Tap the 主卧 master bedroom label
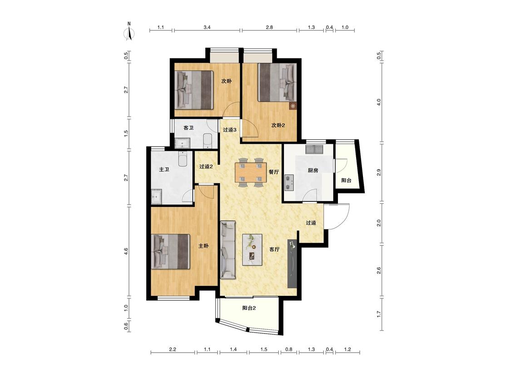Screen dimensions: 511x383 click(203, 246)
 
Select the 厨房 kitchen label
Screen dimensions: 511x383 click(313, 170)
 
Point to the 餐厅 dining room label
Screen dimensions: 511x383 click(274, 172)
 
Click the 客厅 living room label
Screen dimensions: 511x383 click(274, 249)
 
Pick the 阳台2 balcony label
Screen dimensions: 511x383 click(249, 308)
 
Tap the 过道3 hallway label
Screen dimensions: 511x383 click(230, 129)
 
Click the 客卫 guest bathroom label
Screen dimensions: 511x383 click(189, 128)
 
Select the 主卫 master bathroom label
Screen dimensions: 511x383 click(164, 169)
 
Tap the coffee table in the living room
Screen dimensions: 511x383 click(252, 250)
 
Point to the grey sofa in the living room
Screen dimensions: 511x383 click(228, 250)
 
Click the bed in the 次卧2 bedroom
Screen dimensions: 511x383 click(278, 82)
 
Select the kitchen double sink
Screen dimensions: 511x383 click(314, 149)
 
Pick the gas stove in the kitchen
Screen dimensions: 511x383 click(289, 182)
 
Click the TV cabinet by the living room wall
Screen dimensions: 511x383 click(293, 264)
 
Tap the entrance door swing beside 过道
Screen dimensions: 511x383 click(338, 216)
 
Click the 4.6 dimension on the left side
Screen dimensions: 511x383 click(126, 251)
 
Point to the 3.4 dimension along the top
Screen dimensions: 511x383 click(207, 27)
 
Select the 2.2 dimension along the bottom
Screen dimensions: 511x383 click(173, 349)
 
